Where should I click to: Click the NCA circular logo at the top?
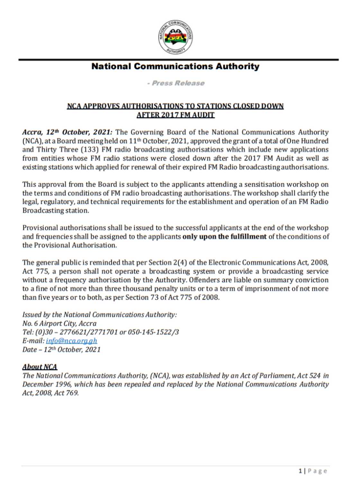point(175,37)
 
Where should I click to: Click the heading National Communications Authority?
point(175,67)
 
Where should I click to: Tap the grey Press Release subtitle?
point(176,83)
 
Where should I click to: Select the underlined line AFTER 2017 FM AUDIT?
point(175,115)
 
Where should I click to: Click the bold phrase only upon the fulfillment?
point(224,237)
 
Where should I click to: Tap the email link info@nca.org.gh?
point(71,341)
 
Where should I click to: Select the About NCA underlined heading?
point(40,367)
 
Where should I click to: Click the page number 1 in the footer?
point(300,471)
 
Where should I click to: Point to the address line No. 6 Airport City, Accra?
point(59,324)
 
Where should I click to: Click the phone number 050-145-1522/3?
point(153,332)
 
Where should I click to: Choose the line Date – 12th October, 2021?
point(61,350)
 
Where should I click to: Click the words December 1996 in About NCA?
point(47,384)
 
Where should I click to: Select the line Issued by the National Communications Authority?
point(100,315)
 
